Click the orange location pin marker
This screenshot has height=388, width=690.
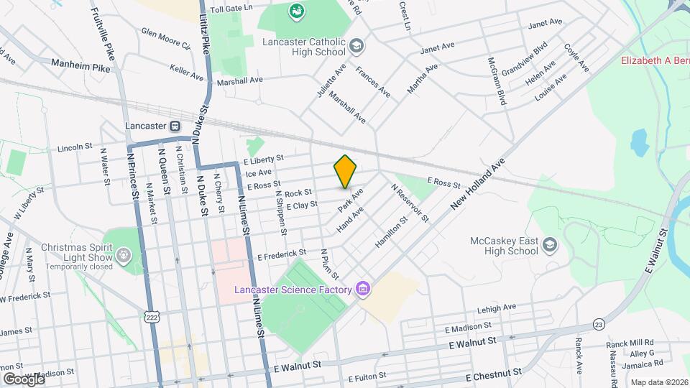pos(345,172)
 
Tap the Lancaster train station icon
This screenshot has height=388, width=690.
pos(175,125)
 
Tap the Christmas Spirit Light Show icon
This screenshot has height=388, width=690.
pos(124,254)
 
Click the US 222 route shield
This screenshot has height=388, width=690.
pos(151,316)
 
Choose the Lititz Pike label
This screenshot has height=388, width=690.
pos(205,28)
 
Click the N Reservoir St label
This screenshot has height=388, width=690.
pos(410,202)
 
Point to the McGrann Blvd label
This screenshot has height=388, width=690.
pos(497,81)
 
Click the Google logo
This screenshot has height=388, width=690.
pos(24,379)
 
